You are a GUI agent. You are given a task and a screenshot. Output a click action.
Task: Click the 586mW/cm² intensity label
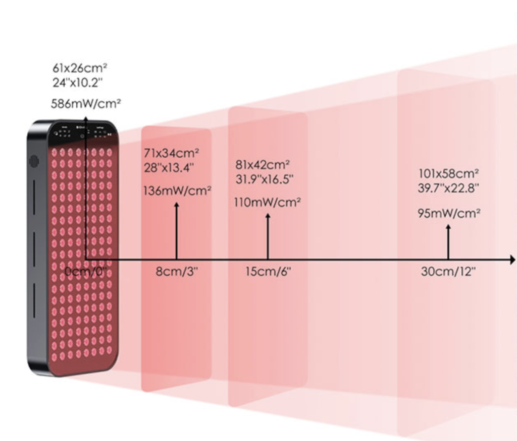(x=86, y=104)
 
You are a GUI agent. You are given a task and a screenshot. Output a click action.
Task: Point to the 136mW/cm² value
(x=177, y=191)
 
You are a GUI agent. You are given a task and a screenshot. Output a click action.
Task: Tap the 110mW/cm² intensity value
(x=268, y=202)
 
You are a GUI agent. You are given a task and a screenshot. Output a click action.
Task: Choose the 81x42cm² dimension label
(x=263, y=165)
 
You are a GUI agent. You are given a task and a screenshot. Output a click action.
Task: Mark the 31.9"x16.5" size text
(x=265, y=179)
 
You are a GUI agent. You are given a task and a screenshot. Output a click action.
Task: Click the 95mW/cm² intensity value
(x=448, y=213)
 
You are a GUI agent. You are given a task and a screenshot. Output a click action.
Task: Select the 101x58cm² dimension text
(x=448, y=174)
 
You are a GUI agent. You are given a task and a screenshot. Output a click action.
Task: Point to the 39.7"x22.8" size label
(x=448, y=188)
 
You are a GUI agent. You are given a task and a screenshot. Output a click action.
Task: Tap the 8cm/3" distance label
(x=177, y=271)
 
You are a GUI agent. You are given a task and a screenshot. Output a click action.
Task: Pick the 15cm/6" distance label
(x=269, y=271)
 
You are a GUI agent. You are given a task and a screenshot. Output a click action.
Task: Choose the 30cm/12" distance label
(x=449, y=271)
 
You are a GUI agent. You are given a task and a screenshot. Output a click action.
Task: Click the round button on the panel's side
(x=34, y=161)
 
